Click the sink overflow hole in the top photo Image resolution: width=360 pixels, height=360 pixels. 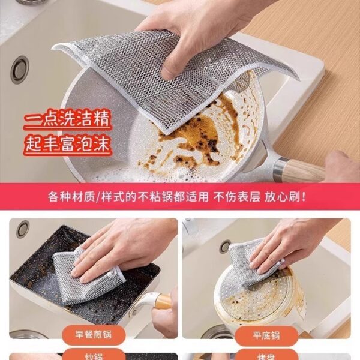point(19,71)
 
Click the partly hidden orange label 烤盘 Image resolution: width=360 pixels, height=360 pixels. point(266,356)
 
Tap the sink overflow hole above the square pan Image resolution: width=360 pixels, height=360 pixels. point(23,229)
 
